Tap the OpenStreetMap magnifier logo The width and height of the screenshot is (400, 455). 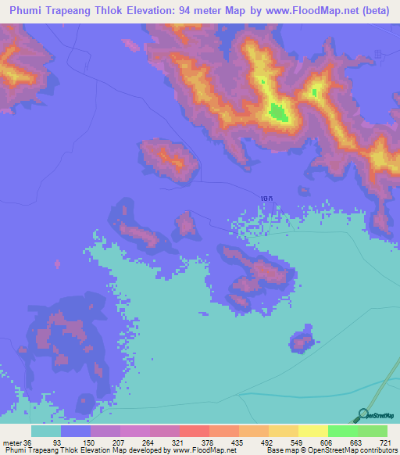pyautogui.click(x=363, y=414)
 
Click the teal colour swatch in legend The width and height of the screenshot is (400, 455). pyautogui.click(x=46, y=431)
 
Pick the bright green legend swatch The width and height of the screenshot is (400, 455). pyautogui.click(x=343, y=431)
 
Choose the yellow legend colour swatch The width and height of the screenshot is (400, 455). pyautogui.click(x=313, y=431)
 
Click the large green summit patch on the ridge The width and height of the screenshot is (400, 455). pyautogui.click(x=277, y=113)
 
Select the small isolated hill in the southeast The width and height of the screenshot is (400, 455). pyautogui.click(x=302, y=340)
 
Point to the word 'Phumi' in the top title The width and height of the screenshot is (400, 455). pyautogui.click(x=27, y=11)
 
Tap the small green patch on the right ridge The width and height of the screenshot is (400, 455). pyautogui.click(x=315, y=92)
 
